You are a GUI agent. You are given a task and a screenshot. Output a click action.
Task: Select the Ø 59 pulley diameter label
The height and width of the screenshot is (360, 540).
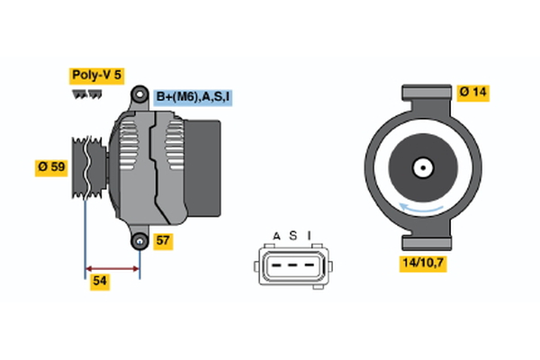(x=51, y=166)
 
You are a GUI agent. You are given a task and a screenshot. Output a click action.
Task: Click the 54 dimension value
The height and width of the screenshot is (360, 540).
(x=100, y=282)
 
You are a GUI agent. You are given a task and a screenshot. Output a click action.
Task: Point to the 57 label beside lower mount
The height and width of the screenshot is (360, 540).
(x=163, y=240)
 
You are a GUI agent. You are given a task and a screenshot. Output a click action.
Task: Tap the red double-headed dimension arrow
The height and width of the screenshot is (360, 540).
(x=112, y=267)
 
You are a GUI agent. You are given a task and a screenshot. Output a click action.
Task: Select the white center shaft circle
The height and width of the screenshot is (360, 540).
(x=421, y=167)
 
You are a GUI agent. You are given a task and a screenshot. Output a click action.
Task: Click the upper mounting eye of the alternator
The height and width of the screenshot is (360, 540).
(x=139, y=94)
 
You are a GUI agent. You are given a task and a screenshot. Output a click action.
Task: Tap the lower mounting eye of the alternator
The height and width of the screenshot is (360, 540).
(x=139, y=241)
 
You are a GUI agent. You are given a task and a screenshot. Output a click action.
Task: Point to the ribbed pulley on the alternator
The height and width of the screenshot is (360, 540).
(x=83, y=167)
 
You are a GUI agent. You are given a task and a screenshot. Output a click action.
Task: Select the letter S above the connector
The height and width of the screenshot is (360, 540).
(x=292, y=236)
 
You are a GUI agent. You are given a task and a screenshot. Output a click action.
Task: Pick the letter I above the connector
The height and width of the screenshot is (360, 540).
(x=308, y=236)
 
